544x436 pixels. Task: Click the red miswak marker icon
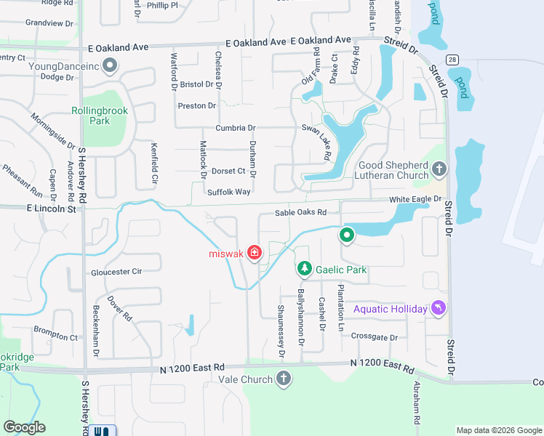coord(255,252)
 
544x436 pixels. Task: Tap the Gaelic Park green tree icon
coord(304,270)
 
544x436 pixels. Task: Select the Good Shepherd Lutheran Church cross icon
coord(439,170)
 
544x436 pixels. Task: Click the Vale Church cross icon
coord(284,379)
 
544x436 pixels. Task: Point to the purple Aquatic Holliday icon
coord(439,309)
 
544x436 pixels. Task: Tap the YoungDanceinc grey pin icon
coord(111,67)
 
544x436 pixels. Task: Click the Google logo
coord(24,427)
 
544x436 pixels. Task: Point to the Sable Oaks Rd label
coord(300,213)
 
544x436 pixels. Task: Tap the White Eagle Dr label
coord(415,198)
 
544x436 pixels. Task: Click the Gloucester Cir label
coord(116,272)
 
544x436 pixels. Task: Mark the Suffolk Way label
coord(228,192)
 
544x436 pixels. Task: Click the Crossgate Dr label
coord(374,337)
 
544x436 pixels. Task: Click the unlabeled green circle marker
coord(347,235)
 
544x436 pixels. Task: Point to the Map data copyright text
coord(498,430)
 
